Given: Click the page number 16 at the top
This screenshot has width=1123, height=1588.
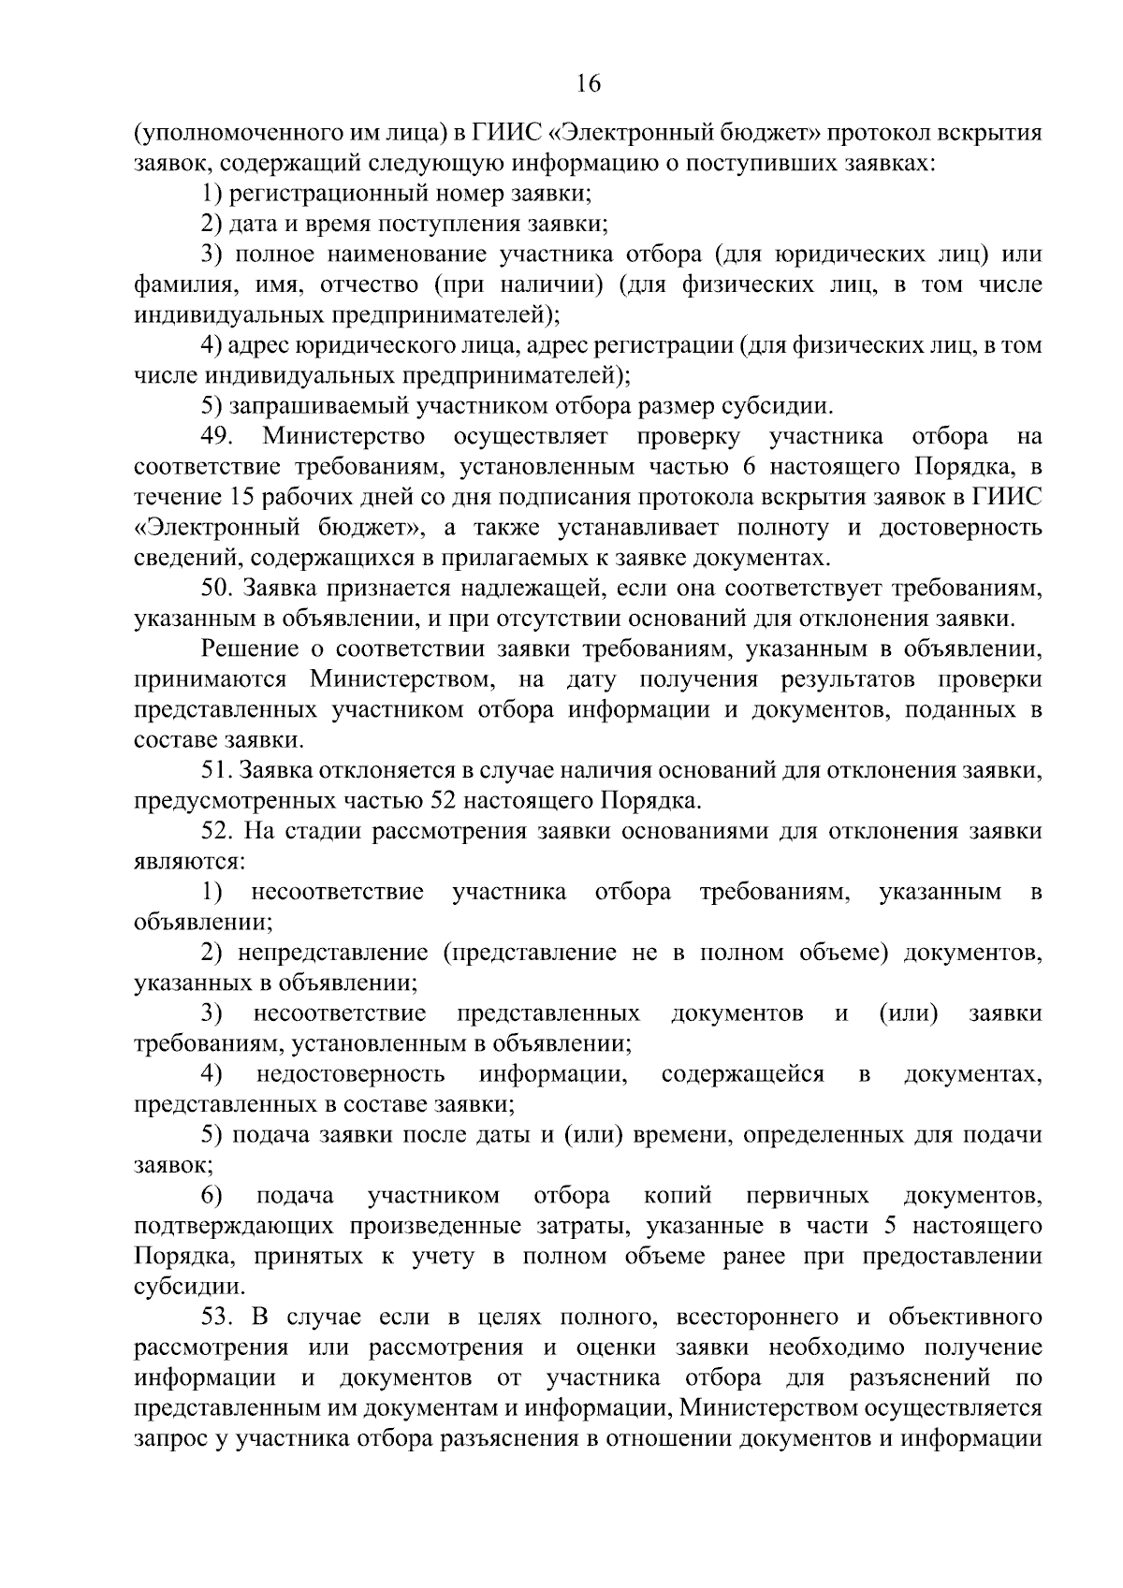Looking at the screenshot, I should tap(589, 84).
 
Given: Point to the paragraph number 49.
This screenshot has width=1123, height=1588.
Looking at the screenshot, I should tap(220, 437).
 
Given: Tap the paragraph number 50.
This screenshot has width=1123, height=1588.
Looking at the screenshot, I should tap(217, 589).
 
